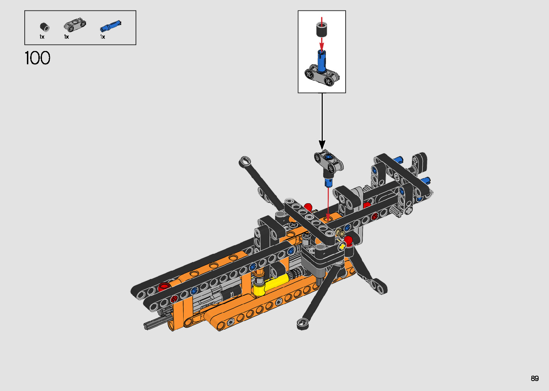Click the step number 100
pos(38,58)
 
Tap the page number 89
pos(535,378)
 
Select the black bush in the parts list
pos(44,27)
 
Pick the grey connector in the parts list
pos(75,24)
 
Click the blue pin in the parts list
pos(110,26)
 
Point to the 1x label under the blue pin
pos(103,37)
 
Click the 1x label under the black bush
pos(42,37)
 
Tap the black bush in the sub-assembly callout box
pos(322,29)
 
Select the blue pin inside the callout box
pos(322,61)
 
